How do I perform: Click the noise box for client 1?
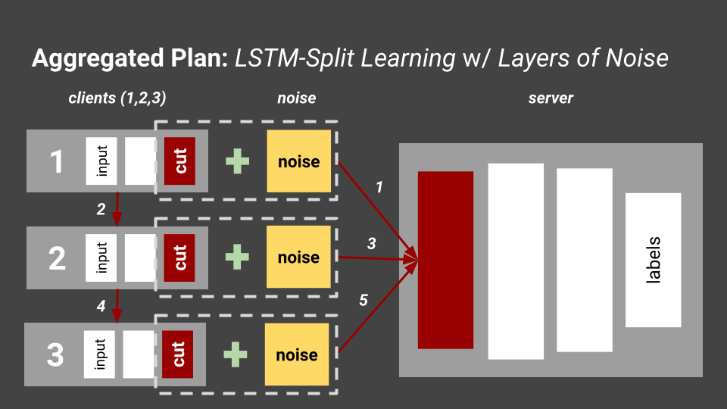pyautogui.click(x=298, y=161)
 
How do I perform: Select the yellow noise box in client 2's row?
pyautogui.click(x=298, y=257)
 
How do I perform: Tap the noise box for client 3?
pyautogui.click(x=297, y=354)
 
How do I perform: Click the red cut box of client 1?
pyautogui.click(x=180, y=161)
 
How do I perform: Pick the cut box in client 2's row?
pyautogui.click(x=180, y=257)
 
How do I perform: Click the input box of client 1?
pyautogui.click(x=102, y=161)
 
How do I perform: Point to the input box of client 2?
pyautogui.click(x=102, y=257)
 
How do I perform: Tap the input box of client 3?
pyautogui.click(x=100, y=354)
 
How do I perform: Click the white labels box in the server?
pyautogui.click(x=653, y=260)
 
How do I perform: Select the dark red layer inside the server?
pyautogui.click(x=445, y=260)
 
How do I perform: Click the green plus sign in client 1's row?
pyautogui.click(x=238, y=161)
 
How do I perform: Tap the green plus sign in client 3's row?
pyautogui.click(x=236, y=354)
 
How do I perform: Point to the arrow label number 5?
pyautogui.click(x=363, y=301)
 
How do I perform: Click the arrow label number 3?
pyautogui.click(x=371, y=243)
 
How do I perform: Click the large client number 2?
pyautogui.click(x=57, y=258)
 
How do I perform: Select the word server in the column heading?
pyautogui.click(x=551, y=98)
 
